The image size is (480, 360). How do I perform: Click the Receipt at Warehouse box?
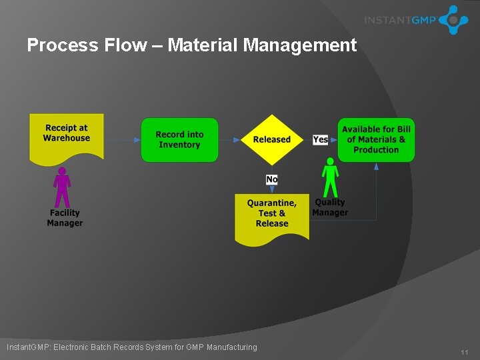pyautogui.click(x=67, y=136)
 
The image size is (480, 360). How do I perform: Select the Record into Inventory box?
pyautogui.click(x=179, y=139)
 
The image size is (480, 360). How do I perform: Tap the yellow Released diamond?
pyautogui.click(x=272, y=140)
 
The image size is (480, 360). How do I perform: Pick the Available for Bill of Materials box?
pyautogui.click(x=376, y=139)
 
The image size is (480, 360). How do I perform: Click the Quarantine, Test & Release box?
pyautogui.click(x=272, y=215)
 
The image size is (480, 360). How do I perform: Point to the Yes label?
pyautogui.click(x=320, y=139)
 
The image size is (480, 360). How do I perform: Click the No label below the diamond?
pyautogui.click(x=272, y=179)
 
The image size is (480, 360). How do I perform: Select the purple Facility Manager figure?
pyautogui.click(x=62, y=187)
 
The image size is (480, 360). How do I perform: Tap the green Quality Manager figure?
pyautogui.click(x=330, y=177)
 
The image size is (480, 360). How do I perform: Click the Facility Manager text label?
pyautogui.click(x=65, y=218)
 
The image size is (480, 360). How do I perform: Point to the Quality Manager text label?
pyautogui.click(x=331, y=207)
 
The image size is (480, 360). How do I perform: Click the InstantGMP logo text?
pyautogui.click(x=400, y=20)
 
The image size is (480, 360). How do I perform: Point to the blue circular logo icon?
pyautogui.click(x=453, y=20)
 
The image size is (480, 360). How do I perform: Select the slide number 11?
pyautogui.click(x=465, y=351)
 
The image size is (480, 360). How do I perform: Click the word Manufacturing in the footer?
pyautogui.click(x=231, y=347)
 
